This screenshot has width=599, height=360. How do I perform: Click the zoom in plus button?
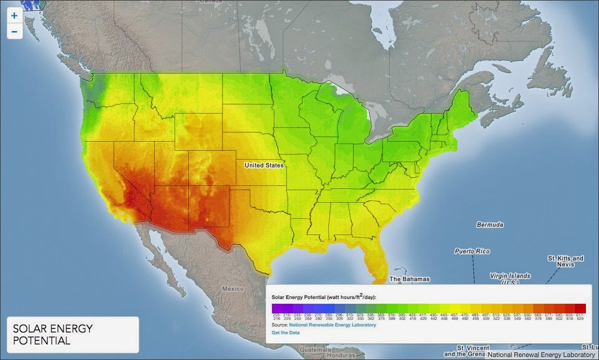coord(14,16)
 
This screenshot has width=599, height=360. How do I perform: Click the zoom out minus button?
coord(14,31)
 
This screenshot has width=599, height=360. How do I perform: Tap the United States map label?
coord(264,164)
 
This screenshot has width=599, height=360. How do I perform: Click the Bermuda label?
coord(490,225)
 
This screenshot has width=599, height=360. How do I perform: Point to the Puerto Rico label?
coord(472,251)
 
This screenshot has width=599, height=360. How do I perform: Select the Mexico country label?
coord(233,288)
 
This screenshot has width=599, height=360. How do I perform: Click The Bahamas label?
coord(409,279)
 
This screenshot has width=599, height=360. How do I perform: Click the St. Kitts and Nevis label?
coord(565,261)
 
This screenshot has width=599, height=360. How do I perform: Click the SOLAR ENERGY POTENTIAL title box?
coord(72,334)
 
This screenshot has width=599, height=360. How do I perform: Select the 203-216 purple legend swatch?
coord(276,308)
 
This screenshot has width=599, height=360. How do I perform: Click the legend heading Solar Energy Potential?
coord(323,297)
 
